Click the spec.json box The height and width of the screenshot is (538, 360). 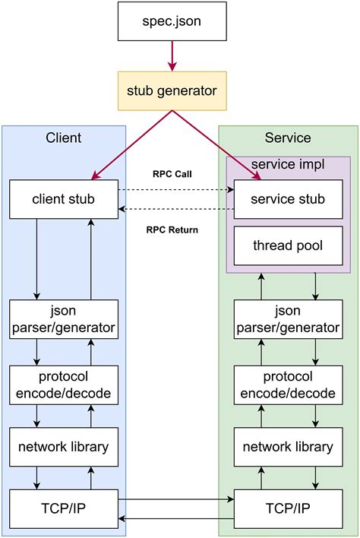pyautogui.click(x=173, y=21)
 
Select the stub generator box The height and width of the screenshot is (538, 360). pyautogui.click(x=173, y=91)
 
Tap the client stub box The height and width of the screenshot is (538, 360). pyautogui.click(x=64, y=199)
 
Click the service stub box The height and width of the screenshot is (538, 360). pyautogui.click(x=288, y=199)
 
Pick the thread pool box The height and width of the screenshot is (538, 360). pyautogui.click(x=288, y=245)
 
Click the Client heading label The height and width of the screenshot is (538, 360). pyautogui.click(x=64, y=138)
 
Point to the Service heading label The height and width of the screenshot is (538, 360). pyautogui.click(x=288, y=138)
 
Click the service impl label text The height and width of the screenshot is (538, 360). pyautogui.click(x=288, y=164)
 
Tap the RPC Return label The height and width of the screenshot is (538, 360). pyautogui.click(x=172, y=229)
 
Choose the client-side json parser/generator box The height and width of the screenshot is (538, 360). pyautogui.click(x=64, y=319)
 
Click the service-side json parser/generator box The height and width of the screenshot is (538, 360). pyautogui.click(x=288, y=319)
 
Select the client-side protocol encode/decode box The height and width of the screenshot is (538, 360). pyautogui.click(x=64, y=385)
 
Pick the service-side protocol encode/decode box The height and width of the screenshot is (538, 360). pyautogui.click(x=288, y=385)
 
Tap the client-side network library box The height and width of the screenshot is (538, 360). pyautogui.click(x=64, y=447)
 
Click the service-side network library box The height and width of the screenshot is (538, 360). pyautogui.click(x=288, y=447)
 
